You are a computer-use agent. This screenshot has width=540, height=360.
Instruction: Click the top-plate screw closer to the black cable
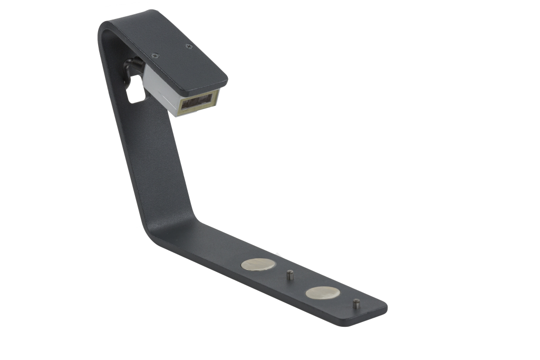pyautogui.click(x=155, y=55)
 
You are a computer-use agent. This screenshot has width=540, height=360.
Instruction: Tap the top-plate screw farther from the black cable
pyautogui.click(x=189, y=46)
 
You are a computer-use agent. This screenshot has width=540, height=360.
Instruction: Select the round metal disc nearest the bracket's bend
pyautogui.click(x=258, y=265)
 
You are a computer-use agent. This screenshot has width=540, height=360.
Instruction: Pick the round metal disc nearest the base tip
pyautogui.click(x=322, y=293)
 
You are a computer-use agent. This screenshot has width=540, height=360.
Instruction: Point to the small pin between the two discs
pyautogui.click(x=289, y=275)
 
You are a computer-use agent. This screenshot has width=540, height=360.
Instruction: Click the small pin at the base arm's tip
pyautogui.click(x=356, y=304)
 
